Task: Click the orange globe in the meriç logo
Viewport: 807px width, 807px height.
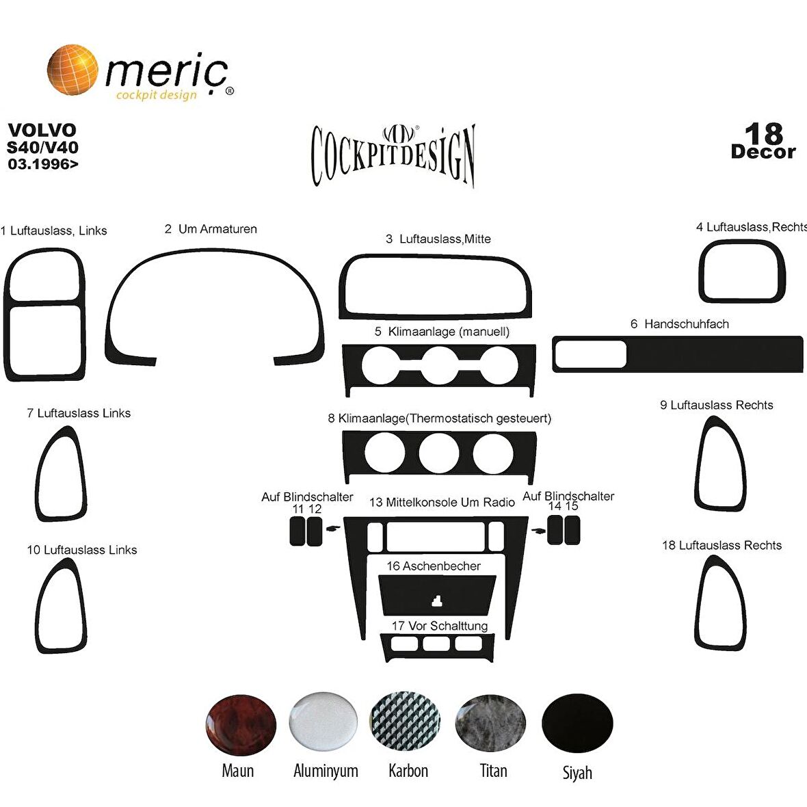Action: tap(72, 70)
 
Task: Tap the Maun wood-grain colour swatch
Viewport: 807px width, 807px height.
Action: tap(240, 725)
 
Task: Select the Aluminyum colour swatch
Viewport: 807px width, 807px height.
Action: tap(323, 722)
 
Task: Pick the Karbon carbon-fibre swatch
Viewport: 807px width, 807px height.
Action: tap(406, 722)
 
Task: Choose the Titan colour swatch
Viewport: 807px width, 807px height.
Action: tap(490, 723)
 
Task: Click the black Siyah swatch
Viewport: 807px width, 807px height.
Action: tap(577, 723)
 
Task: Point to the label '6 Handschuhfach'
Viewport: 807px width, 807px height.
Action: tap(679, 323)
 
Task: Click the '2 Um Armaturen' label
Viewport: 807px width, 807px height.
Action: tap(211, 229)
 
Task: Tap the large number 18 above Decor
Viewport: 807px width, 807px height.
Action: tap(764, 134)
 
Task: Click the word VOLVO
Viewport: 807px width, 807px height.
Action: tap(42, 130)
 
